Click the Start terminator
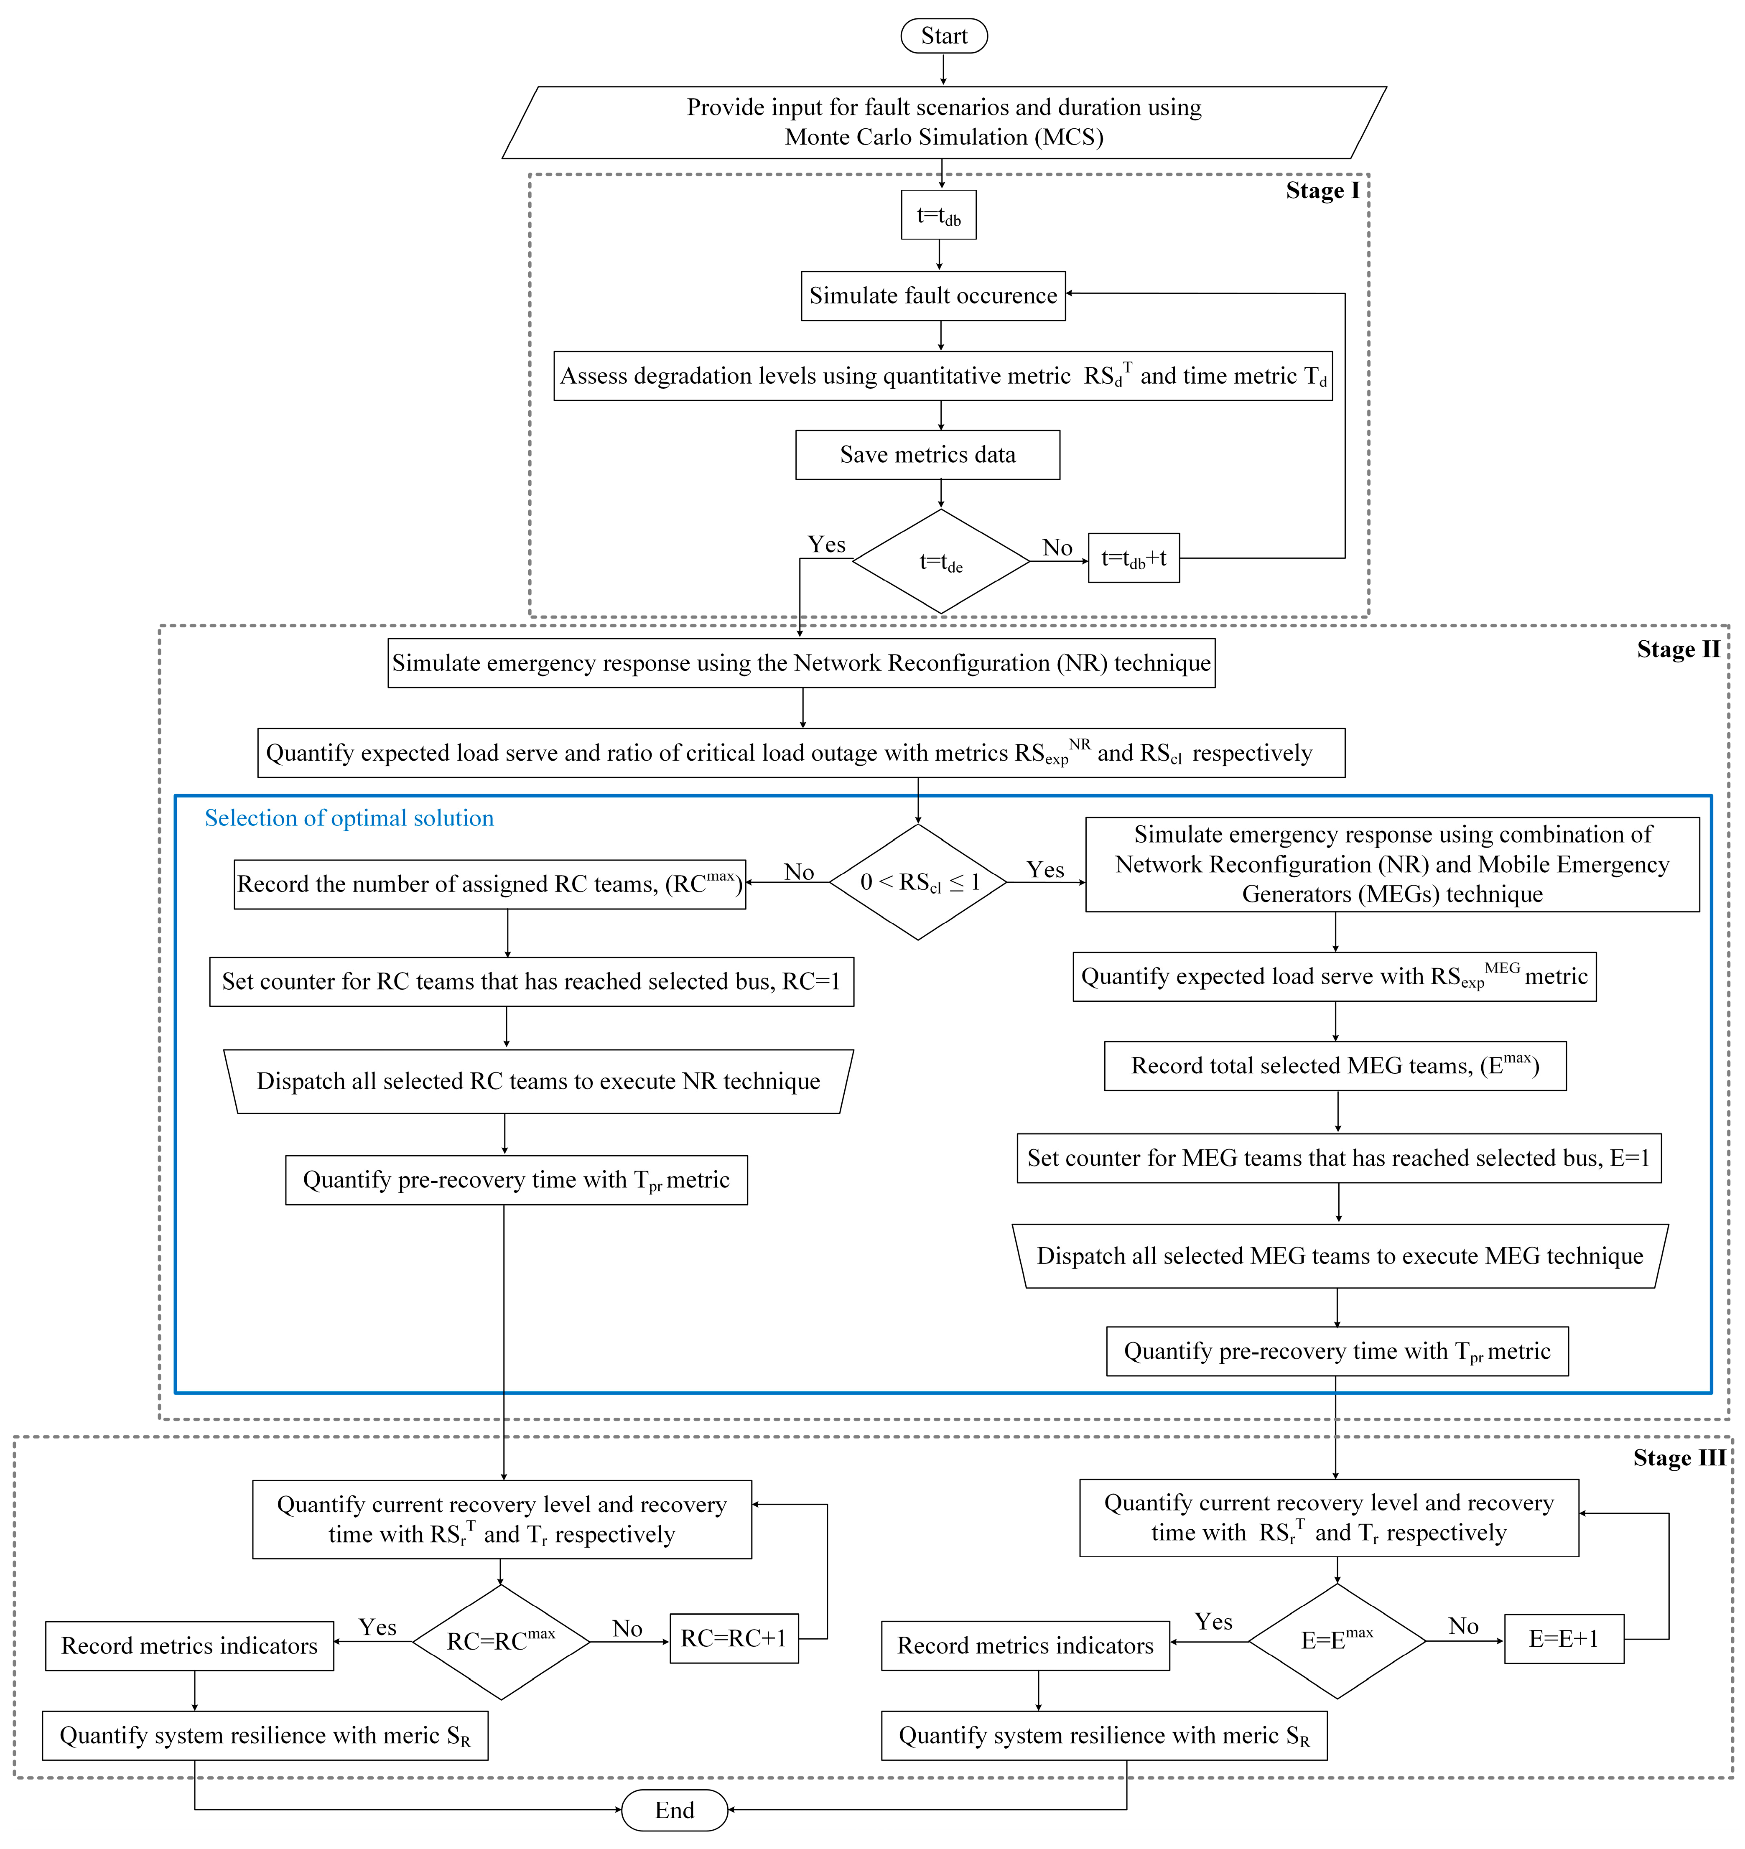tap(943, 36)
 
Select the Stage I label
tap(1322, 191)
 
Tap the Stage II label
tap(1678, 649)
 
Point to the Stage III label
tap(1679, 1457)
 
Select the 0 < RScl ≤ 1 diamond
tap(918, 882)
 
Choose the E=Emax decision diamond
tap(1337, 1641)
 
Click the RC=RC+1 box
tap(734, 1638)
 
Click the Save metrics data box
tap(927, 455)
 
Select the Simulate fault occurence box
tap(933, 296)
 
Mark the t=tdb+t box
tap(1134, 558)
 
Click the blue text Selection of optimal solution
tap(349, 818)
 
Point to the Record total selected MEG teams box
tap(1335, 1066)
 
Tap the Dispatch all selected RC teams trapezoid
tap(539, 1082)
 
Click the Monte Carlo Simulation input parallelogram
tap(944, 123)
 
